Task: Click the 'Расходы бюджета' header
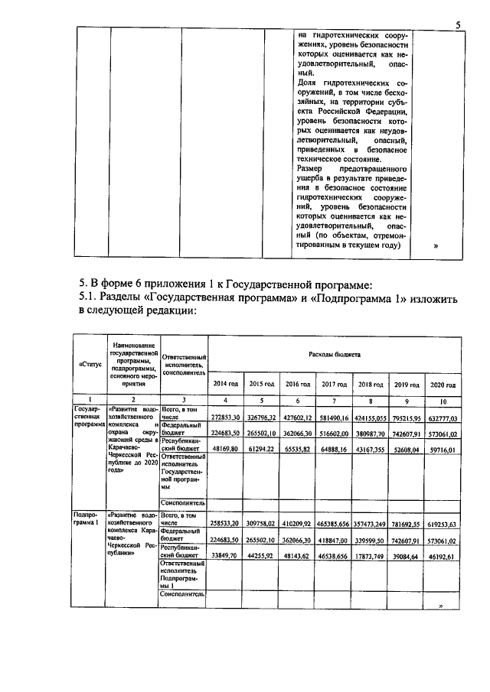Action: [x=334, y=356]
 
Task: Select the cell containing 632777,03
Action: [x=442, y=418]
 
